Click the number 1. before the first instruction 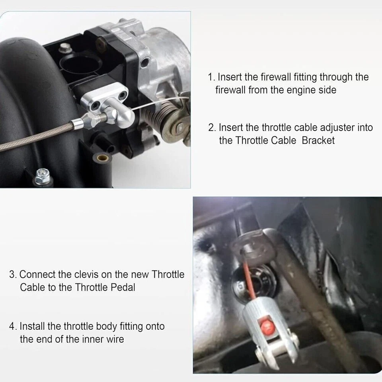point(211,77)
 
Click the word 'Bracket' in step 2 point(318,140)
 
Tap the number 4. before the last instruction point(13,327)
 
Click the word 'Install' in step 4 point(32,327)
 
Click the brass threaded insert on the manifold point(102,158)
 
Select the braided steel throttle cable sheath point(36,137)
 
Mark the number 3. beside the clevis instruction point(13,275)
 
